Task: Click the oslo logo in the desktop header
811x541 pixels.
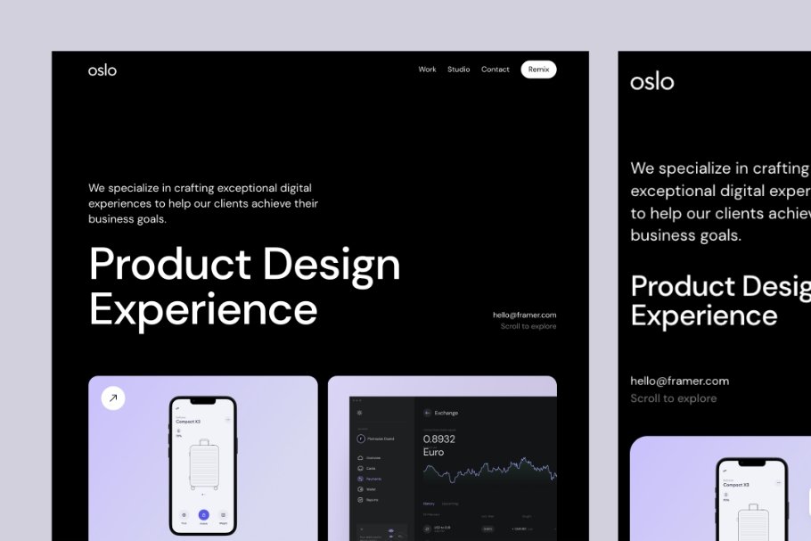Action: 102,70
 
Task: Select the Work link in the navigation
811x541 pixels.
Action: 427,70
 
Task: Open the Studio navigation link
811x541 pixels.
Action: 458,70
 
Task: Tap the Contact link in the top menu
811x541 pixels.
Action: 496,70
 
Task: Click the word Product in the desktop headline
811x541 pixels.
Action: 170,265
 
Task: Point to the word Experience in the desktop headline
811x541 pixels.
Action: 203,309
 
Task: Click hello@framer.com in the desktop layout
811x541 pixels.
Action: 524,315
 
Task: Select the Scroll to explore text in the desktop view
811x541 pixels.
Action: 528,326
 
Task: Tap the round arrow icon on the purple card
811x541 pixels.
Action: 113,398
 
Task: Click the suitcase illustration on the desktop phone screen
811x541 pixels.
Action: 203,463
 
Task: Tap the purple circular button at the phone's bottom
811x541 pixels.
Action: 203,514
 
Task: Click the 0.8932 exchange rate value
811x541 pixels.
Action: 439,439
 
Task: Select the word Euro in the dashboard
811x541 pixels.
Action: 434,452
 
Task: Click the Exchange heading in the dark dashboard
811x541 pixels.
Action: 446,413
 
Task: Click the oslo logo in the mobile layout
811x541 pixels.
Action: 652,82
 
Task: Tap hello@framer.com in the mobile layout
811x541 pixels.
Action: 679,381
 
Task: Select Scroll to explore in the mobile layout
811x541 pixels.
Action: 673,398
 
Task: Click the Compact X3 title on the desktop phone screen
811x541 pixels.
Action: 188,422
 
